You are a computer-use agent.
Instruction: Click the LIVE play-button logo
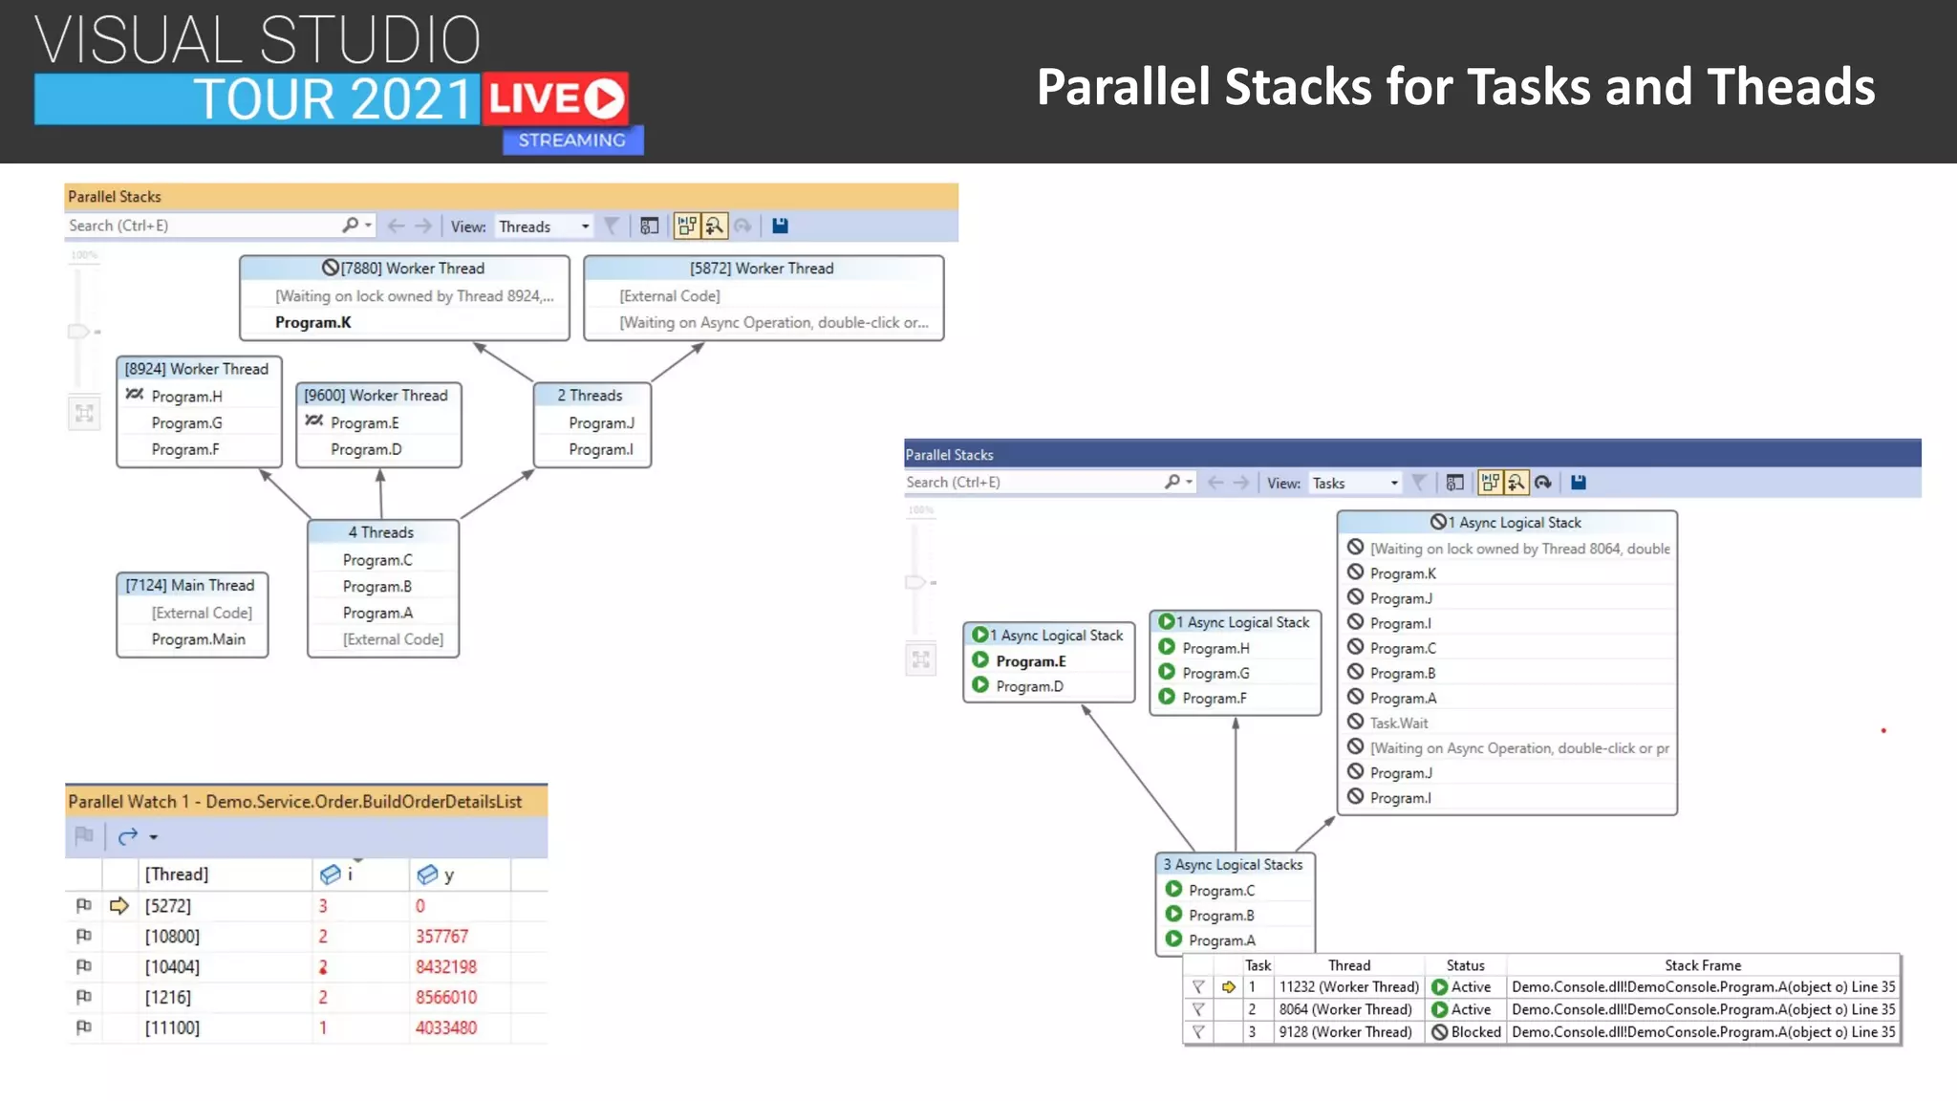(555, 98)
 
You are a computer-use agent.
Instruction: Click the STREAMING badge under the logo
(572, 140)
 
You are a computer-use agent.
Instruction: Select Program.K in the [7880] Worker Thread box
(313, 323)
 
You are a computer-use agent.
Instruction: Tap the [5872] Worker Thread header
(762, 269)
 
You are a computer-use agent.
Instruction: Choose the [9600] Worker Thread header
(376, 396)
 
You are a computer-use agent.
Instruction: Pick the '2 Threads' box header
(590, 396)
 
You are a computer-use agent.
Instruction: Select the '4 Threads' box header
(380, 532)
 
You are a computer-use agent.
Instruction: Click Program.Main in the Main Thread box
(198, 639)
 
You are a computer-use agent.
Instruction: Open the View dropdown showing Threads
(544, 227)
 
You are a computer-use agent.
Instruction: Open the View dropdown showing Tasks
(1354, 484)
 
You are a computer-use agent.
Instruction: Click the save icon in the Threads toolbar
(780, 227)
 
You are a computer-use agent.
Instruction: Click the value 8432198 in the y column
(445, 967)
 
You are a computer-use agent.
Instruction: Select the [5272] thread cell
(168, 906)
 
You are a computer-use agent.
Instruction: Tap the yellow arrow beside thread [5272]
(119, 906)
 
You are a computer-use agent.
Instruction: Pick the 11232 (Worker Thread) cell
(1348, 987)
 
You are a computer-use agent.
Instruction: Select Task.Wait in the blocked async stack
(1399, 723)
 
